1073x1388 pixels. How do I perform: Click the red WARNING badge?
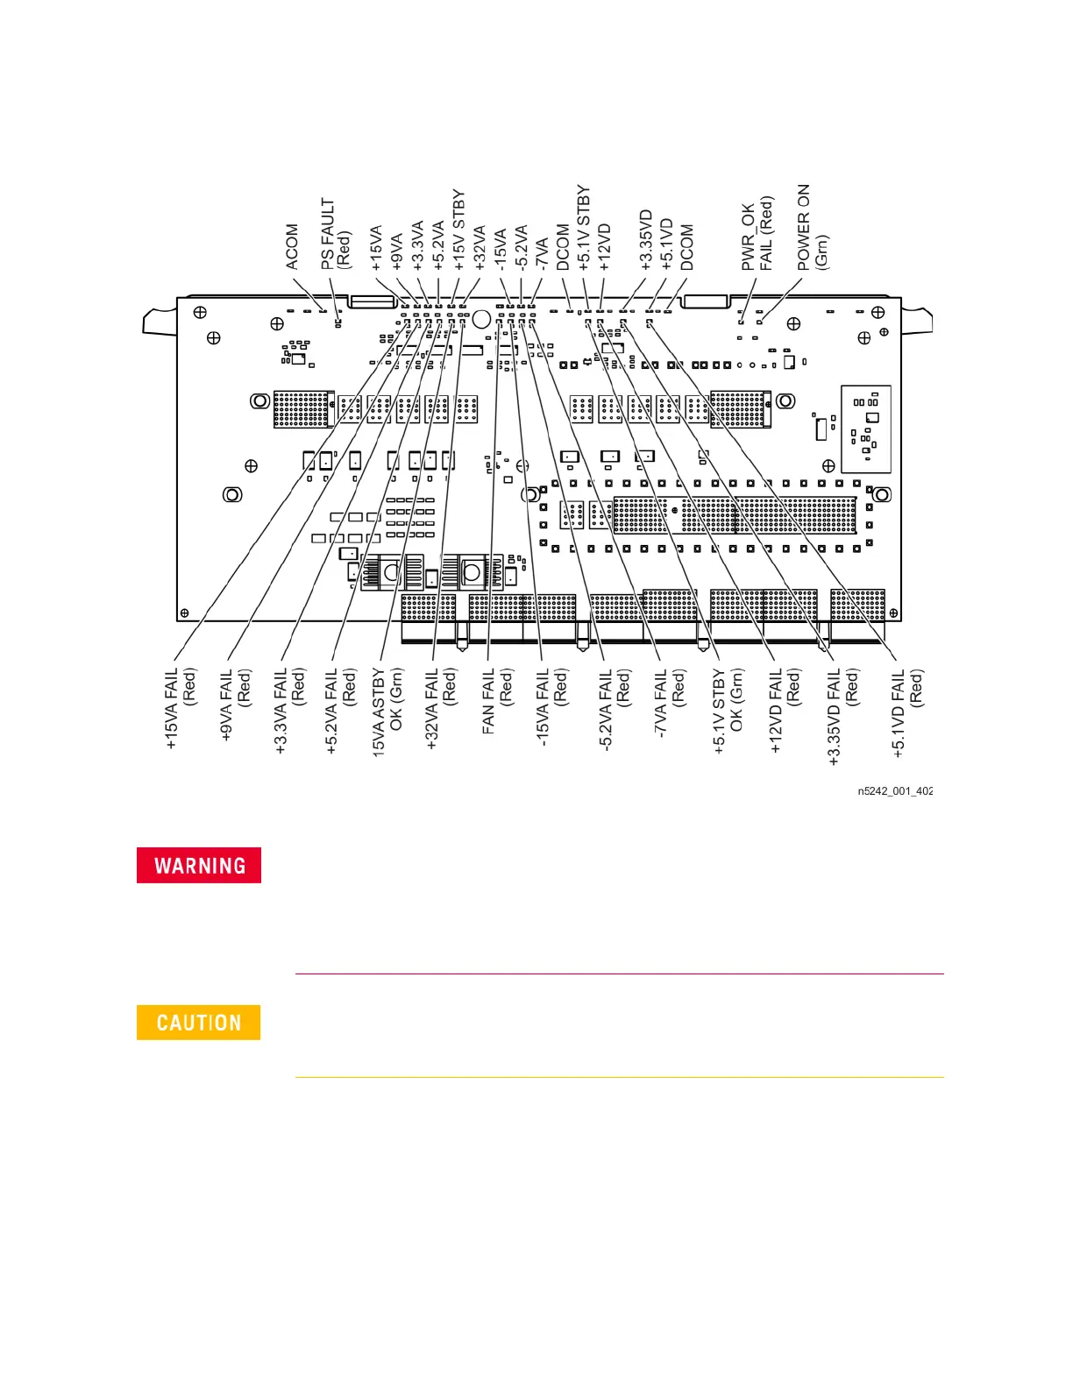point(199,866)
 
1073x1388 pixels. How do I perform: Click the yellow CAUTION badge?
point(199,1023)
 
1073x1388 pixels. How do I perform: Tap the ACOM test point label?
point(292,247)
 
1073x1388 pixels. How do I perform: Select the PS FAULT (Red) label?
point(335,234)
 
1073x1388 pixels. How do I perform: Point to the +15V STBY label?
point(458,230)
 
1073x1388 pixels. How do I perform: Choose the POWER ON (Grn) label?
point(812,227)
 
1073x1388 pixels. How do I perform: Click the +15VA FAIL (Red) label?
point(181,708)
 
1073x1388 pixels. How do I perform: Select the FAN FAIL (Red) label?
point(497,700)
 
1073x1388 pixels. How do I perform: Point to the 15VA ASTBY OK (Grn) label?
point(387,711)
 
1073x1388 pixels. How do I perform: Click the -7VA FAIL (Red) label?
point(670,701)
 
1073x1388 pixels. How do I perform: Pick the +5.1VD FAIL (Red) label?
point(907,712)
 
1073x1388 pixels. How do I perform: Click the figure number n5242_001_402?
point(894,791)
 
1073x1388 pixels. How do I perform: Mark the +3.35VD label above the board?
point(646,240)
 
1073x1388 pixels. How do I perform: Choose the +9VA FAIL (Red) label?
point(235,705)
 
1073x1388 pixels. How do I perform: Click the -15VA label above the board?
point(501,249)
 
